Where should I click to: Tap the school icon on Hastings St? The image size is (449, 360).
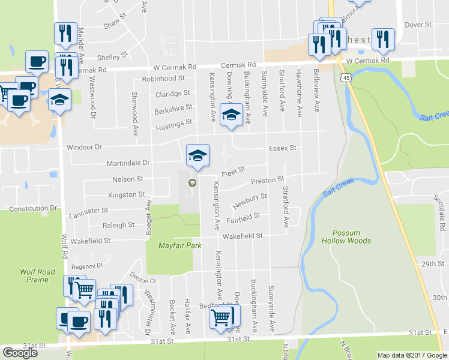(x=231, y=114)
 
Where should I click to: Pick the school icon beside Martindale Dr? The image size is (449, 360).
(x=197, y=155)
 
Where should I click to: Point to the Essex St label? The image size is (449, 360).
(x=283, y=148)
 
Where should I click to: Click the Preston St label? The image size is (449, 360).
(x=267, y=180)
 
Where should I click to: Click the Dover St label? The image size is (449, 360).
(x=418, y=25)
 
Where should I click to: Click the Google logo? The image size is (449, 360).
(x=20, y=353)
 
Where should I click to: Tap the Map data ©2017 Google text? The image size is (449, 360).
(x=412, y=355)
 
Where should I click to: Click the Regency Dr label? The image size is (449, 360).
(x=88, y=266)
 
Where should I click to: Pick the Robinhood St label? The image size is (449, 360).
(x=163, y=79)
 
